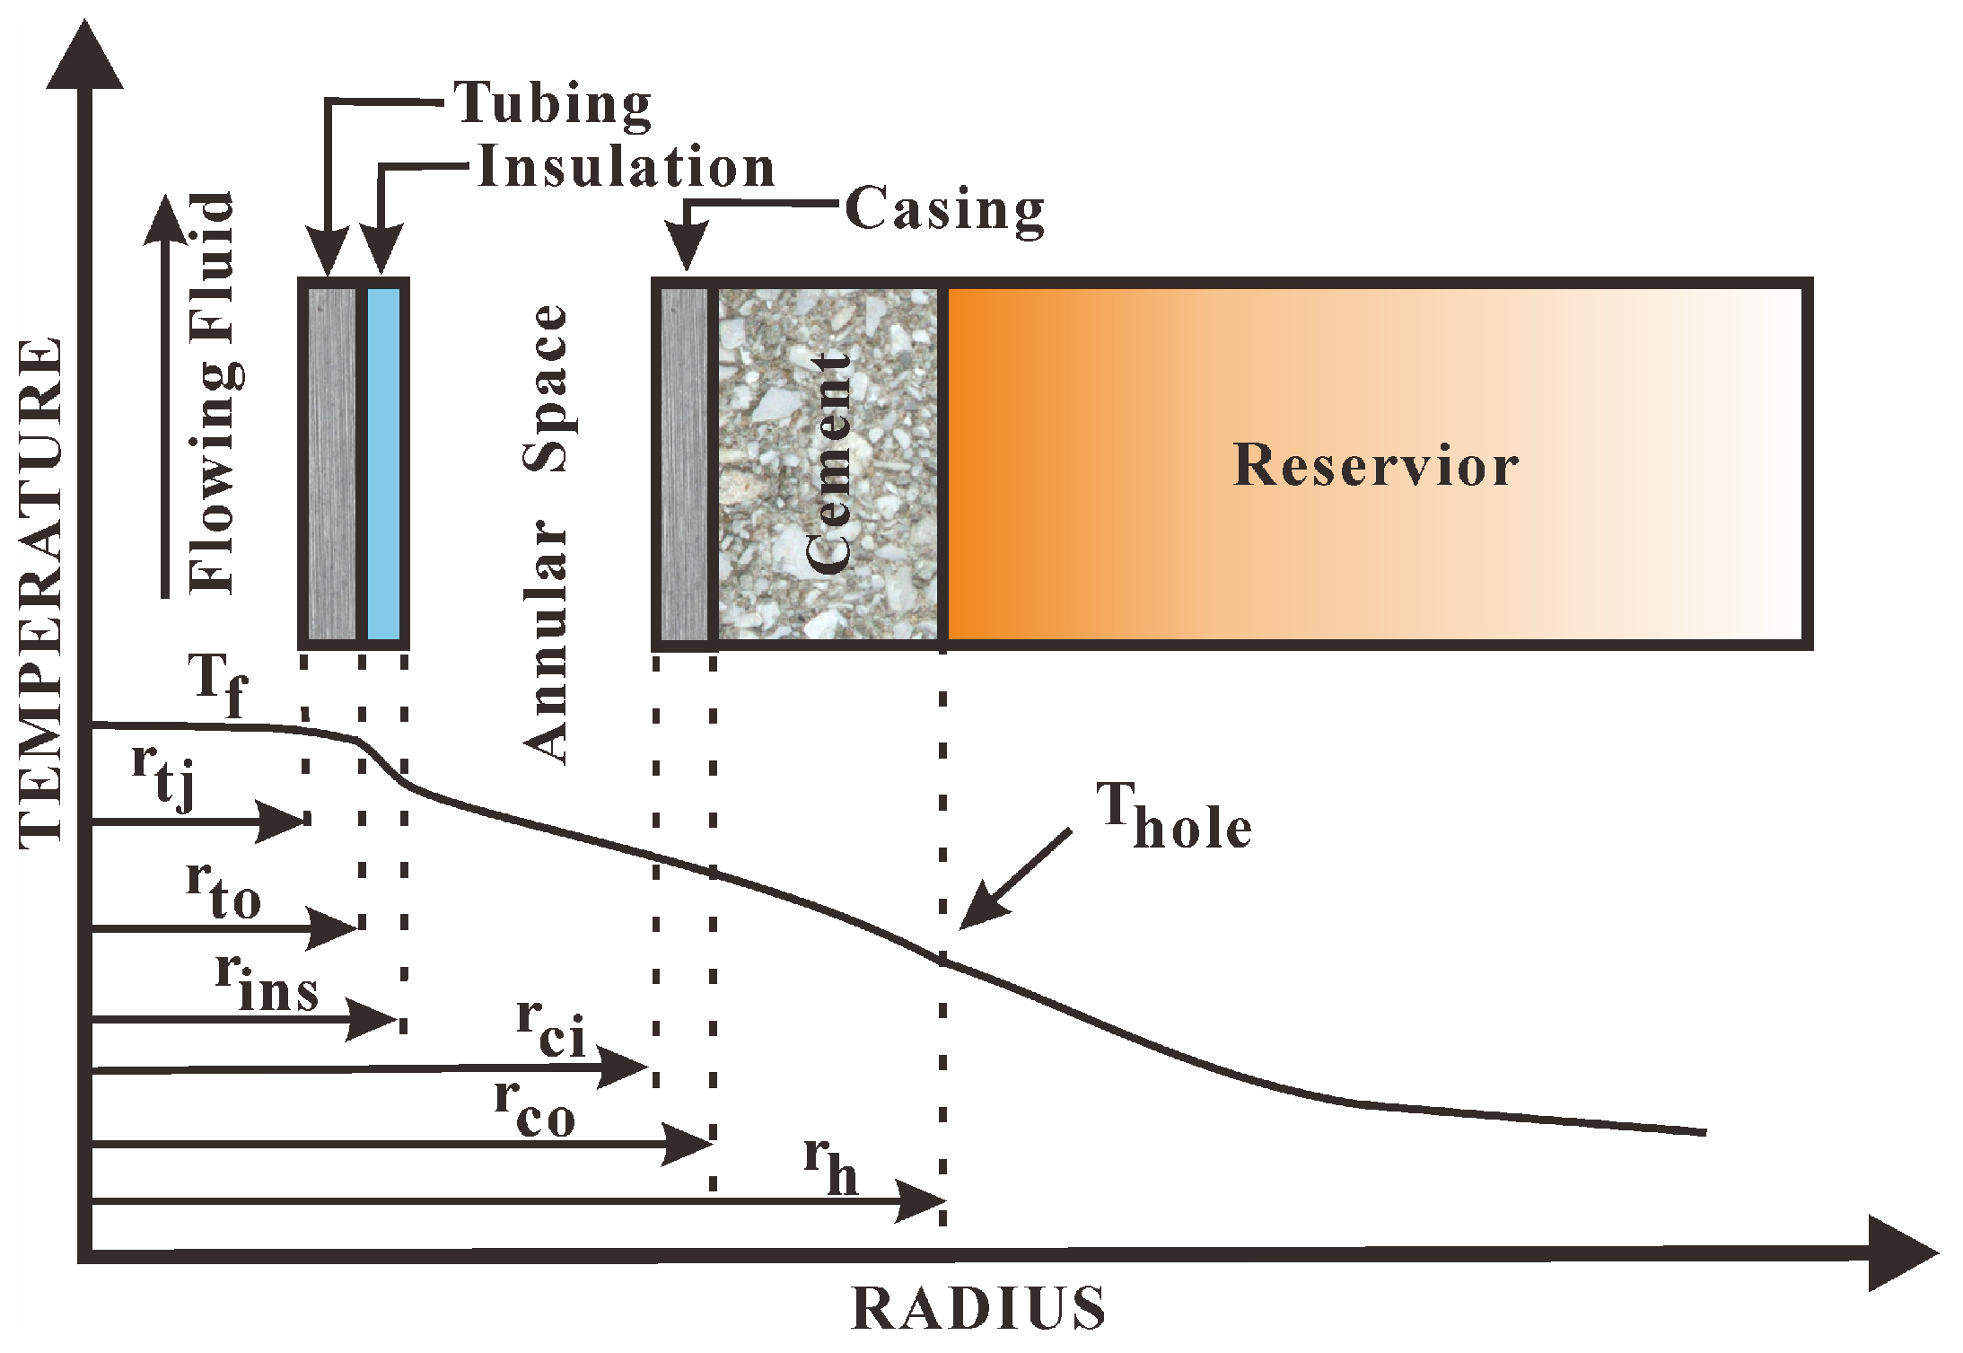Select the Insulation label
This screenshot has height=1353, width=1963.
[x=626, y=168]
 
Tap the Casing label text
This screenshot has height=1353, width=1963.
[x=944, y=210]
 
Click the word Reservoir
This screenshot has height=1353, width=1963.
[x=1375, y=465]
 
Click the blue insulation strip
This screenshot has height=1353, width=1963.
[x=384, y=463]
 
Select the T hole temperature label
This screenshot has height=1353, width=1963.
[x=1171, y=818]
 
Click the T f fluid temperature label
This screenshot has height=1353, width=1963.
[x=218, y=685]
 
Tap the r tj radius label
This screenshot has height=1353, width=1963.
[x=163, y=775]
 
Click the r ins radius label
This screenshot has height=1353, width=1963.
[x=267, y=983]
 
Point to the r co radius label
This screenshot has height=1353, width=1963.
[x=535, y=1109]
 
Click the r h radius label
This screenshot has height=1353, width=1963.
[x=831, y=1166]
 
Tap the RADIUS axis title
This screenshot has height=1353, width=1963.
[x=978, y=1309]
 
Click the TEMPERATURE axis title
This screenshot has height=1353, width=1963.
[x=41, y=593]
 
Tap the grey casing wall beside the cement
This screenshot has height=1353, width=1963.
[x=683, y=463]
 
